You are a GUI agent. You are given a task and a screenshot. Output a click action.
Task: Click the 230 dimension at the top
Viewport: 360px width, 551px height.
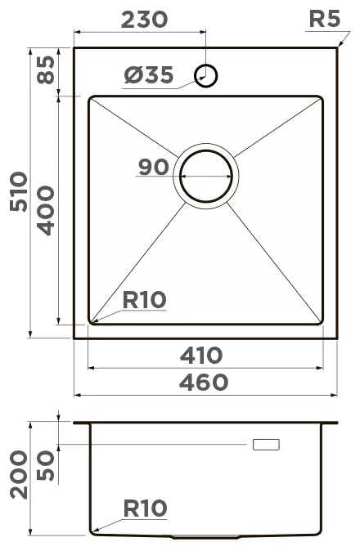144,20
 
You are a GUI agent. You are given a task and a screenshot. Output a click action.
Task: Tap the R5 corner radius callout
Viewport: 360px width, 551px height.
325,19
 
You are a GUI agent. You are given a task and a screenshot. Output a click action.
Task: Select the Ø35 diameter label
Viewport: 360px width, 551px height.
149,75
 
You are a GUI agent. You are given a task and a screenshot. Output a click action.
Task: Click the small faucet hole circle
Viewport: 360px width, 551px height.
205,75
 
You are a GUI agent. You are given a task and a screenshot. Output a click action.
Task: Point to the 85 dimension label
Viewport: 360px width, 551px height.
47,70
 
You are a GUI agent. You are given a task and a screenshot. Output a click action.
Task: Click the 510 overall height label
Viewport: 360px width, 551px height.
19,191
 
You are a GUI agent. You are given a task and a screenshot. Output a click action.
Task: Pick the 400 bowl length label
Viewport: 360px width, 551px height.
46,210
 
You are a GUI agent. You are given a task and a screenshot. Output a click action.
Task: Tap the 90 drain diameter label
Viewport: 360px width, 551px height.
154,167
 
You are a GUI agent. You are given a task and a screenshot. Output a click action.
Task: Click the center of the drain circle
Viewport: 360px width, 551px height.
206,176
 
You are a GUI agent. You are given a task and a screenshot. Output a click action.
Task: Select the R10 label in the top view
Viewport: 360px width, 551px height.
144,300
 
